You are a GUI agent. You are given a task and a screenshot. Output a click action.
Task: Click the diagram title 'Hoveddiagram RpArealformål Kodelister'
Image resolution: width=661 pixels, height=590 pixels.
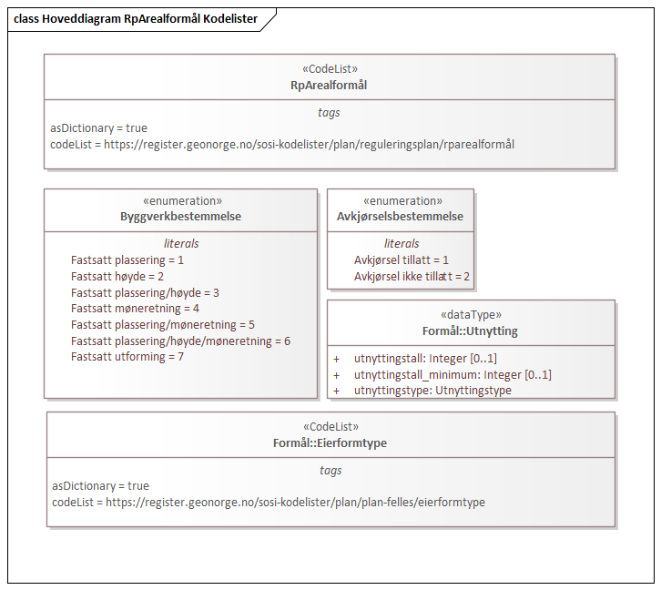pos(136,18)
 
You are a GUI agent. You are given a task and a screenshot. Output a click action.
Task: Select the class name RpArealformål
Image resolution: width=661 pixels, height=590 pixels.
pos(329,85)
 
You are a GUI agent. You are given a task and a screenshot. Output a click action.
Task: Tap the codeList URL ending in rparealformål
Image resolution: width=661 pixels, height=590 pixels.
pos(282,145)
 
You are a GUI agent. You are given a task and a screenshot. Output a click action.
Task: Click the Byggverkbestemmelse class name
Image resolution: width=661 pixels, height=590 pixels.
pos(180,217)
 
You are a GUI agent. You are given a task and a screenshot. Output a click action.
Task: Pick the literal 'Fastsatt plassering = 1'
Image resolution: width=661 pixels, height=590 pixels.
pos(127,260)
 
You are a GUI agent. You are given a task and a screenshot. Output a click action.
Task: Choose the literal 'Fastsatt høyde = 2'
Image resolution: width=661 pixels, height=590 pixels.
pos(117,277)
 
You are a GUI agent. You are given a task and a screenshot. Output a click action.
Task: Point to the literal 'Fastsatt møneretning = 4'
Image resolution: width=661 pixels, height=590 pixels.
pos(135,309)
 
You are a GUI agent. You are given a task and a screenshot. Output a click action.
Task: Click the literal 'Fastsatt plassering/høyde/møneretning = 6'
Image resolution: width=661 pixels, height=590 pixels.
pos(180,341)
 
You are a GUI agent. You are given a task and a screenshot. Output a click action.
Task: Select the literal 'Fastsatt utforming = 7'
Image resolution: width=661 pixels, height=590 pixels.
pos(127,357)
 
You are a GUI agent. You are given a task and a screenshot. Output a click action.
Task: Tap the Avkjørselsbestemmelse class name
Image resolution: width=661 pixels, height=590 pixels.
pos(400,217)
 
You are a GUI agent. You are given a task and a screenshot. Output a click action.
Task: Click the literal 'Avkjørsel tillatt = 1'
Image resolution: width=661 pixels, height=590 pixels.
pos(402,260)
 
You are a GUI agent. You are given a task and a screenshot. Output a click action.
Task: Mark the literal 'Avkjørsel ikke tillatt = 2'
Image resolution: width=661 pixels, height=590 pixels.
pos(412,277)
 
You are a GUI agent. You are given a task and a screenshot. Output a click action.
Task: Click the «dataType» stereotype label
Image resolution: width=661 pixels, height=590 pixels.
pos(470,315)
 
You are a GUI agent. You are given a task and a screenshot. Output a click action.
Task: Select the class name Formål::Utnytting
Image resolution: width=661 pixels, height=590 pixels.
pos(470,331)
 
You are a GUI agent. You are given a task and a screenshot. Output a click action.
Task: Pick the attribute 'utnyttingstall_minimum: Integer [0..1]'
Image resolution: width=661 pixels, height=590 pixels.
pos(453,375)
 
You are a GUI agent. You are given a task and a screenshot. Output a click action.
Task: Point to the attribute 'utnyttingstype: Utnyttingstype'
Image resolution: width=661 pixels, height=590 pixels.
pos(432,391)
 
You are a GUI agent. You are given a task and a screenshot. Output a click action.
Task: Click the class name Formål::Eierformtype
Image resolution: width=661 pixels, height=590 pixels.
pos(330,442)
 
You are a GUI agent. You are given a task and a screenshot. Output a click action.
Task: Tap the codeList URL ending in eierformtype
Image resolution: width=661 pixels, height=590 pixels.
pos(269,503)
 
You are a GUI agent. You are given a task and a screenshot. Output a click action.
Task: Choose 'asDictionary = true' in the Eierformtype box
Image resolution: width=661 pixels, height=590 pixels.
pos(100,486)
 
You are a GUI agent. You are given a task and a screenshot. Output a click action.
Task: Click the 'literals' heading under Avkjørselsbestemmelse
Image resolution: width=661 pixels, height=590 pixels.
pos(402,244)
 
